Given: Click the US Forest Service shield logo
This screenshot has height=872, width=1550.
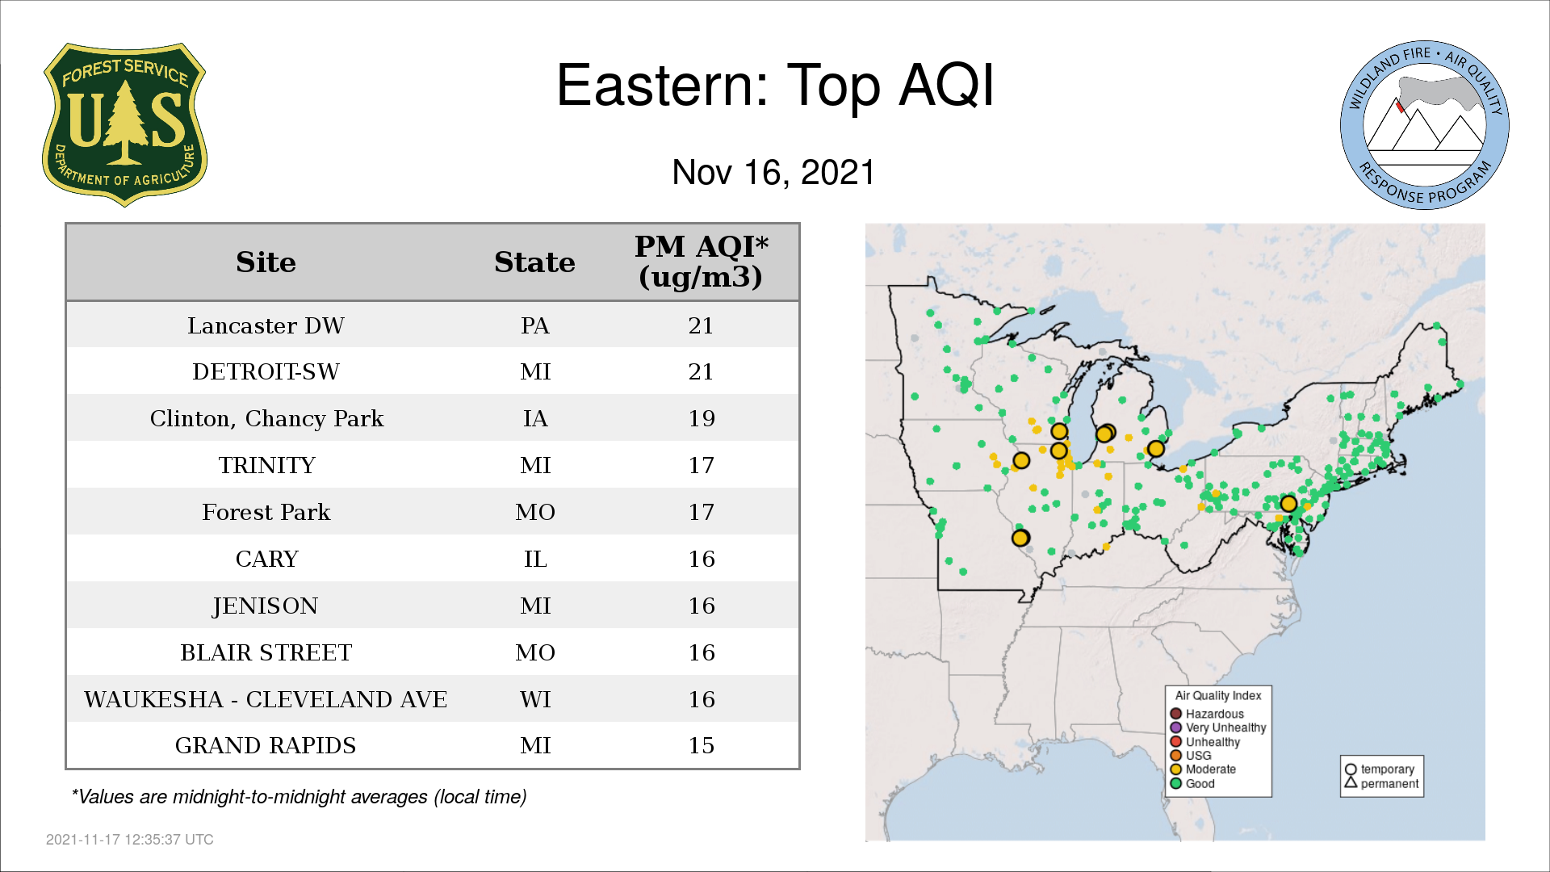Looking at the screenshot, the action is pos(124,124).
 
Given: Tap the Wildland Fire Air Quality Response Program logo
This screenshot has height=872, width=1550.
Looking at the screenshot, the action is pos(1425,125).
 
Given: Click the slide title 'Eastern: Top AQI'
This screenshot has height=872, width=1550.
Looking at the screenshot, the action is pos(775,86).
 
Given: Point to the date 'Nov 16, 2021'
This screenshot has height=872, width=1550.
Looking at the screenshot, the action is pos(773,172).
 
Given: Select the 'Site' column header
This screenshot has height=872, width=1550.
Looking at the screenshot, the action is pos(266,262).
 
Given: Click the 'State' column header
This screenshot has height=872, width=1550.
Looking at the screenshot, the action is pos(534,262).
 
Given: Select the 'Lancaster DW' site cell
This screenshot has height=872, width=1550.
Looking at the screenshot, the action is pos(266,325).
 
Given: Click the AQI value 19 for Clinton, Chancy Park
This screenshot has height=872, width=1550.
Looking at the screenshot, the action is pos(701,418).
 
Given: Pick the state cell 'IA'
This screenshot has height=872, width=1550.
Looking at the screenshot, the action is pos(535,418).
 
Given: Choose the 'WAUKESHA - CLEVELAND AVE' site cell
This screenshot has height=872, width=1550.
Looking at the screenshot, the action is pos(266,699).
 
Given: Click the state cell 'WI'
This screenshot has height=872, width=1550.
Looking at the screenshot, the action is pos(535,699).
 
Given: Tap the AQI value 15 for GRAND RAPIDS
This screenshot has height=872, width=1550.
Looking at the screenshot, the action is pos(701,745).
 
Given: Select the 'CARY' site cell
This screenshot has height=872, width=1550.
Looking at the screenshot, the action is pos(266,559).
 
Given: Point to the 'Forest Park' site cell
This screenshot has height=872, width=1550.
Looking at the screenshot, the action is pos(266,512).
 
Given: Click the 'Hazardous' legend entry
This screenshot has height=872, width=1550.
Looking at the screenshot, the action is pos(1207,714).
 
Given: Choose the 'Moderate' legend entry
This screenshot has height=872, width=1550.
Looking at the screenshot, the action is pos(1203,769).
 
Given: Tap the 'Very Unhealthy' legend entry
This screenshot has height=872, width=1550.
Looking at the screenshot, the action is pos(1218,727).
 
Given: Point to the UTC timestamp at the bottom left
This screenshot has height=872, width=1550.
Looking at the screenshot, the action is pos(130,840).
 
